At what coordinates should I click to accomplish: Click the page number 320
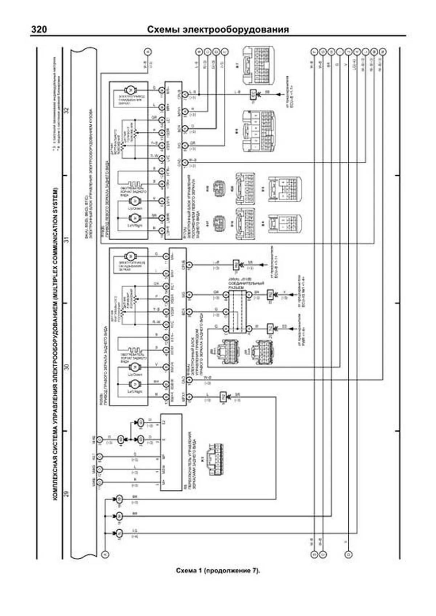[39, 29]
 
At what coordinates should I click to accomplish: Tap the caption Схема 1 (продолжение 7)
[218, 571]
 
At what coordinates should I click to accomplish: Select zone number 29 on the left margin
[66, 494]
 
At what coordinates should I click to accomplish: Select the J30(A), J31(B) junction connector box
[237, 311]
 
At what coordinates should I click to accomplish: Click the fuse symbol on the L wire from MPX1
[223, 396]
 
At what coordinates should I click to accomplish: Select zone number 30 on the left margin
[66, 367]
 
